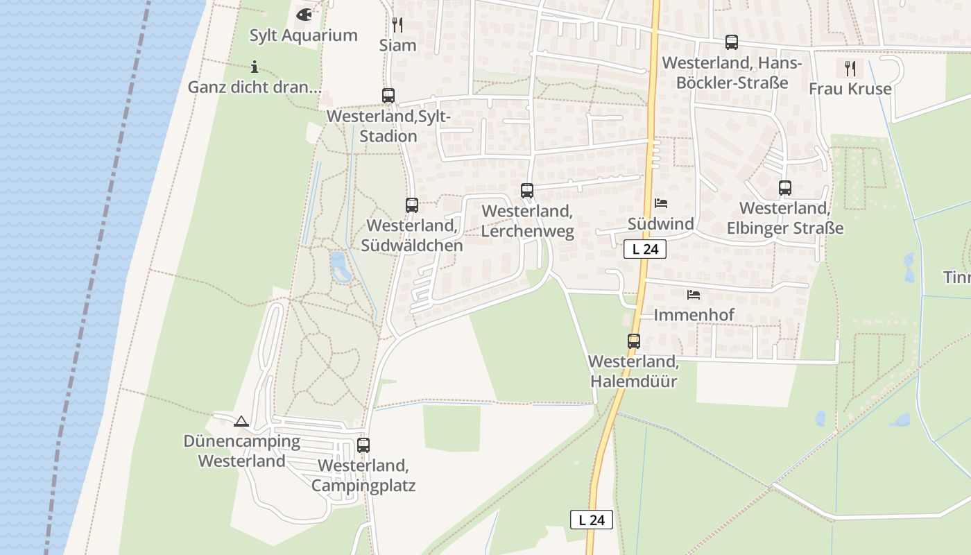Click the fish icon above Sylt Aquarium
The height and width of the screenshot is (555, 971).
pos(304,14)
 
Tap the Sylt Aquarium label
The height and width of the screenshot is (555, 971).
pos(303,35)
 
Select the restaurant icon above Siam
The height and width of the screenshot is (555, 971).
pos(397,25)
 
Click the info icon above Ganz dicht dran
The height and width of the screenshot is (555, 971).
pos(255,67)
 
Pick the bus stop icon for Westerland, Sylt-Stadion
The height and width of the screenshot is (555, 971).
pos(388,96)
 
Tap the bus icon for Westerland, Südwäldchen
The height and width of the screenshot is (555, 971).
pos(412,205)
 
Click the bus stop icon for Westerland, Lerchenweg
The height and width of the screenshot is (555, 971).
pos(527,191)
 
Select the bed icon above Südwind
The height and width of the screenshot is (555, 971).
pos(661,203)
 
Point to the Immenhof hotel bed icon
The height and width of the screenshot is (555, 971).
pos(694,295)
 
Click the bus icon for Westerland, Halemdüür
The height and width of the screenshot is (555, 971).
pos(634,341)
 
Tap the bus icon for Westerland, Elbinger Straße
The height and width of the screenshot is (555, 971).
pos(785,188)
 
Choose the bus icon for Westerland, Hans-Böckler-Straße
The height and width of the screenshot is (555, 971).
pos(732,42)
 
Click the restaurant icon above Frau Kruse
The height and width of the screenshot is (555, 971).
pos(850,68)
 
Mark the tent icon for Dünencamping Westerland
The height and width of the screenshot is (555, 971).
pos(241,421)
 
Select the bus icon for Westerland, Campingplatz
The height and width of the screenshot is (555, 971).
pos(363,445)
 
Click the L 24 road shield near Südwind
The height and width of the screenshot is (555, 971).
pos(645,249)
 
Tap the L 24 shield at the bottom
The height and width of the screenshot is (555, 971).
pos(592,520)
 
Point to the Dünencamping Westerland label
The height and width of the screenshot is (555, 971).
pos(241,451)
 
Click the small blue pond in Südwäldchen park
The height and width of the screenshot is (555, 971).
pos(339,266)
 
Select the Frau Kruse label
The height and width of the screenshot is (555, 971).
pos(850,89)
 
